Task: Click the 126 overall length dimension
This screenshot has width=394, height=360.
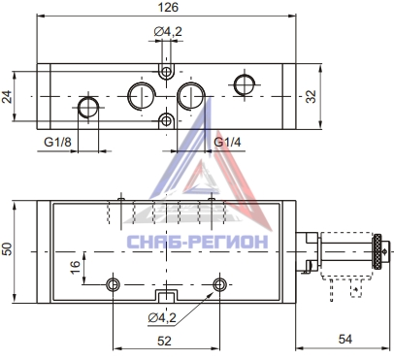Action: pos(168,7)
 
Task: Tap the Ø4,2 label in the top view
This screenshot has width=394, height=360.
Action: pos(168,31)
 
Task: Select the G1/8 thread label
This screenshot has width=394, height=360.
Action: pos(57,142)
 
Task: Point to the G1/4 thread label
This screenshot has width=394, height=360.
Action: pos(227,142)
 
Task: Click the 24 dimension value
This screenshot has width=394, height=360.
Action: pos(7,97)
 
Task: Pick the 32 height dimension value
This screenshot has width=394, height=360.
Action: pos(311,96)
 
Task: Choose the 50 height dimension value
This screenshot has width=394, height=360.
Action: pos(7,248)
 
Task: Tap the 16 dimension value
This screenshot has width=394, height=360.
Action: pos(75,267)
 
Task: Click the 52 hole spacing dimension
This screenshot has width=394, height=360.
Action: pos(164,341)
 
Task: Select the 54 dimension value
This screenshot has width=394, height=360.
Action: pos(345,340)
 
